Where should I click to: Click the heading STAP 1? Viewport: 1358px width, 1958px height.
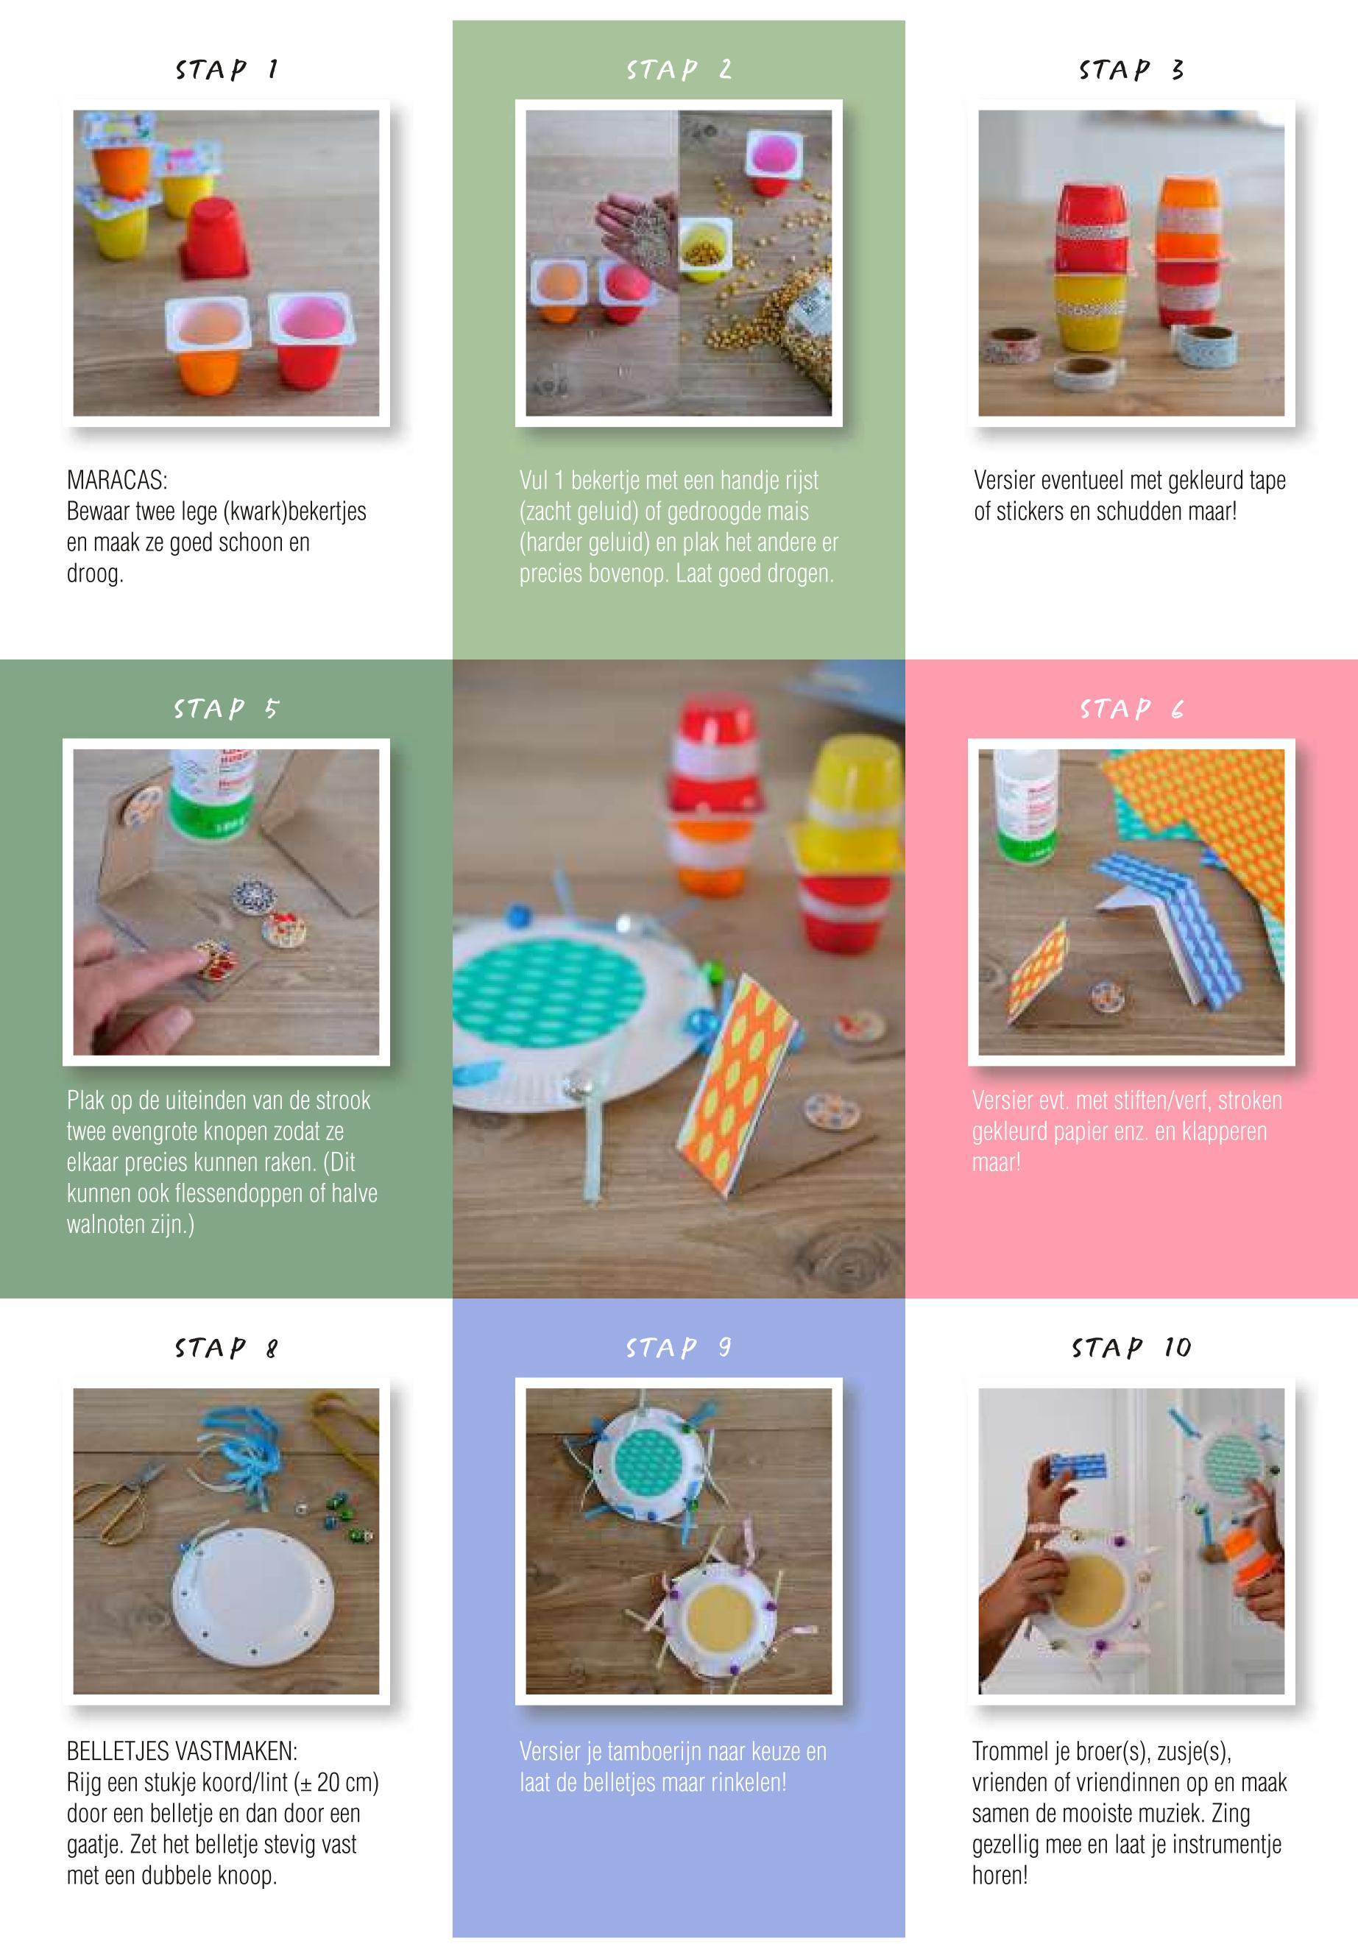[x=227, y=70]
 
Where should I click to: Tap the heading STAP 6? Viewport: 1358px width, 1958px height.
[x=1132, y=709]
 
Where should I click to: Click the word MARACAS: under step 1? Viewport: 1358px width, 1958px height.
[x=118, y=480]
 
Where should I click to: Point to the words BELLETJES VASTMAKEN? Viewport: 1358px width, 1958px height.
[x=182, y=1751]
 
